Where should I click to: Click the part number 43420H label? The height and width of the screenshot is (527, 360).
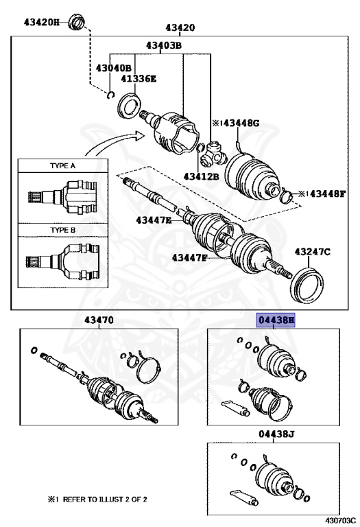(x=41, y=22)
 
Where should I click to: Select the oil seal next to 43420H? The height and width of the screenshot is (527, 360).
(x=77, y=22)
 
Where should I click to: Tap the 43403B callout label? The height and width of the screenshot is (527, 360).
(x=164, y=45)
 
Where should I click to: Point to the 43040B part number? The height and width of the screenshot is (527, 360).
(x=114, y=68)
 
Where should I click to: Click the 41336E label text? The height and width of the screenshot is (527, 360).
(x=139, y=79)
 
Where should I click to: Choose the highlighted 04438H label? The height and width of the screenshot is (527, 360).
(x=276, y=320)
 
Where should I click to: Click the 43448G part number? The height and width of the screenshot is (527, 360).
(x=241, y=123)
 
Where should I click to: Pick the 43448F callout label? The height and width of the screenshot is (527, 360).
(x=327, y=194)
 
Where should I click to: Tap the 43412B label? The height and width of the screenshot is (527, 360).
(x=201, y=176)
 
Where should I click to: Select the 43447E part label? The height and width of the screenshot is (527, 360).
(x=154, y=220)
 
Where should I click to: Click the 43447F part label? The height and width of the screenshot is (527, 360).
(x=190, y=258)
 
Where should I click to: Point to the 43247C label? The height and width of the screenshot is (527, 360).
(x=312, y=251)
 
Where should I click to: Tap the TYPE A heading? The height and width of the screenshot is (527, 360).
(x=63, y=165)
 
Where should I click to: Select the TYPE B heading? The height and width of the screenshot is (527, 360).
(x=63, y=231)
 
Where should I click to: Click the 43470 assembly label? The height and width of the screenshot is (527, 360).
(x=99, y=320)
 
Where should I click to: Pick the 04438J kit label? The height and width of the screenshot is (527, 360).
(x=276, y=434)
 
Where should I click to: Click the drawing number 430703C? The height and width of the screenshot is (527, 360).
(x=340, y=521)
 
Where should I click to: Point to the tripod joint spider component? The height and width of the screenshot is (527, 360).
(x=213, y=154)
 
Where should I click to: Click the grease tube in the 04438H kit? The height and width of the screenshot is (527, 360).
(x=236, y=408)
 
